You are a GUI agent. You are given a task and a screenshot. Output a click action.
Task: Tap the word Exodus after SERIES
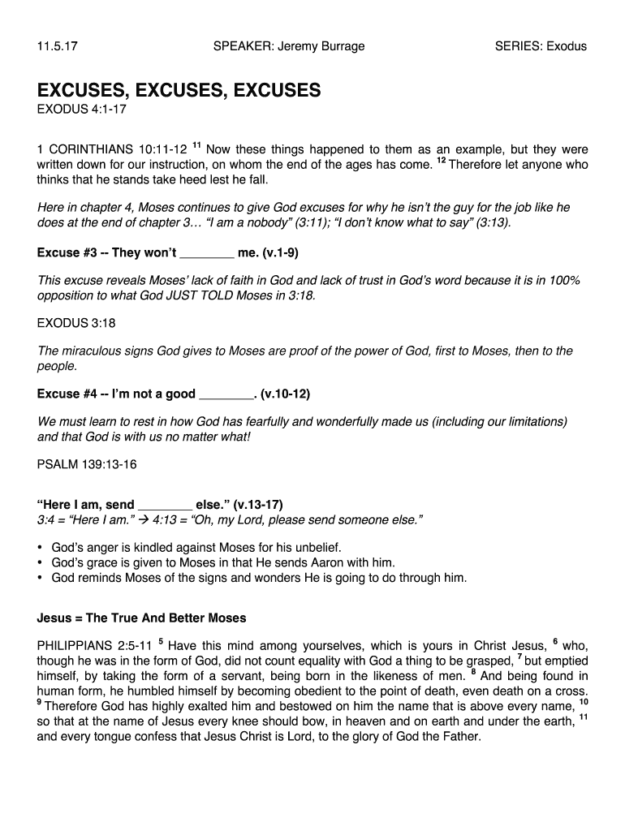point(567,46)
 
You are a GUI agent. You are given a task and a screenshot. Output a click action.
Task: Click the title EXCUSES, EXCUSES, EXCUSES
point(179,89)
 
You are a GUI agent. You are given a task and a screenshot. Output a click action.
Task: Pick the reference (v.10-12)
point(286,394)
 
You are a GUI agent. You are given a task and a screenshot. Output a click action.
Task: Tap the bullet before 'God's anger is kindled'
point(40,547)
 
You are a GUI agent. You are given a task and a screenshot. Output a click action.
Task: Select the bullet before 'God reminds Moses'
point(40,578)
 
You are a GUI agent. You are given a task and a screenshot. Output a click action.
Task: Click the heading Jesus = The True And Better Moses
point(141,618)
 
